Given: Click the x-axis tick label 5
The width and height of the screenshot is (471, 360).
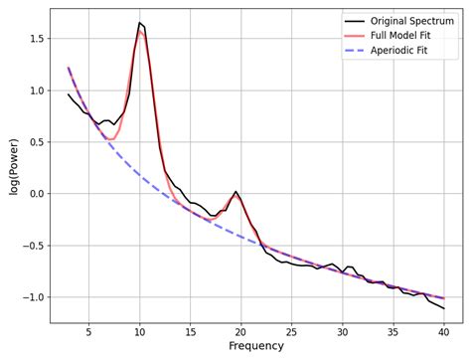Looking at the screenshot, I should click(x=88, y=331).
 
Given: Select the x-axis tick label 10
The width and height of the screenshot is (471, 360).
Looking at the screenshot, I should click(x=139, y=331).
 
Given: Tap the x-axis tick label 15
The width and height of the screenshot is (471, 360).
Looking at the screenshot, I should click(x=190, y=331).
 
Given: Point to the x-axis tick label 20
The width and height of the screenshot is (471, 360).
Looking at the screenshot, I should click(x=240, y=331).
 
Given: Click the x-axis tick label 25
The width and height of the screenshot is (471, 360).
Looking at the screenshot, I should click(x=291, y=331).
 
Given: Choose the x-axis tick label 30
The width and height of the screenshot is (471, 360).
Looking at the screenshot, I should click(x=342, y=331).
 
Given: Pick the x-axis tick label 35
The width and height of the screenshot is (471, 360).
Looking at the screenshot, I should click(x=392, y=331).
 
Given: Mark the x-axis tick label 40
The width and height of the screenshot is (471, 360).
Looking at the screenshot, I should click(x=443, y=331).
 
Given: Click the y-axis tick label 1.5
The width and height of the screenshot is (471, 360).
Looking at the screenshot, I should click(x=35, y=39).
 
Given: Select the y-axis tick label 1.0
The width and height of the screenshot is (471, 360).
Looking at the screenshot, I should click(x=35, y=90).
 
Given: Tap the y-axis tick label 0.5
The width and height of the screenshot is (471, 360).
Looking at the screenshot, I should click(x=35, y=142).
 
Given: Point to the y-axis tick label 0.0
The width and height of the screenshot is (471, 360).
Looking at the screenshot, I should click(x=35, y=194).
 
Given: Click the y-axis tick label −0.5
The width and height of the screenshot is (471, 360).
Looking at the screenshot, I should click(x=32, y=246).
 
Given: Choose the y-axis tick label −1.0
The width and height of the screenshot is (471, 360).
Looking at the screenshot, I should click(x=32, y=297).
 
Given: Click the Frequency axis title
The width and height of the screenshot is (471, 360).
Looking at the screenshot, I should click(x=256, y=347).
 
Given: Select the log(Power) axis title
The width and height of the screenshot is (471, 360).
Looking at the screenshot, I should click(x=13, y=166).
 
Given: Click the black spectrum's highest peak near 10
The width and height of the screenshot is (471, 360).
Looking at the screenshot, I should click(x=139, y=22).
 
